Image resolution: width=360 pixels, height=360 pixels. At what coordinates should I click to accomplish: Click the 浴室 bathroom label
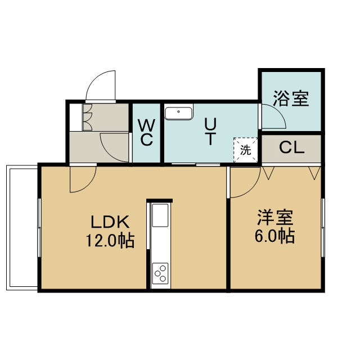coord(291,99)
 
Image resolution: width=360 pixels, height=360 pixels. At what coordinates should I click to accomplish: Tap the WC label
coord(146,133)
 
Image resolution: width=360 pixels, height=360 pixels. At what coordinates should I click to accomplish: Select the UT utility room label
coord(210,132)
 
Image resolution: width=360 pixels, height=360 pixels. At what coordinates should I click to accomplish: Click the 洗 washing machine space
coord(245,150)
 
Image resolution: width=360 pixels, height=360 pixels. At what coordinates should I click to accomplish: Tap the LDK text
coord(110,222)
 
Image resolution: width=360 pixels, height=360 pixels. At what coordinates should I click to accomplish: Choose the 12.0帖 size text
coord(110,240)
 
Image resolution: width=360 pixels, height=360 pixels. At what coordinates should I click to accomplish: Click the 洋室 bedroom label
coord(275,218)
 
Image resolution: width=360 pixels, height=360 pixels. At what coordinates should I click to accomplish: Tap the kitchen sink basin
coord(160,215)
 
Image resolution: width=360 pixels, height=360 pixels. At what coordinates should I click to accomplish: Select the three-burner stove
coord(160,273)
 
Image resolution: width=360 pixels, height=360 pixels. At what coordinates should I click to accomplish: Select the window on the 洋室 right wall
coord(323,227)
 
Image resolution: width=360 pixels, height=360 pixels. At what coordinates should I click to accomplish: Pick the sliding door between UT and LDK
coord(196,164)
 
